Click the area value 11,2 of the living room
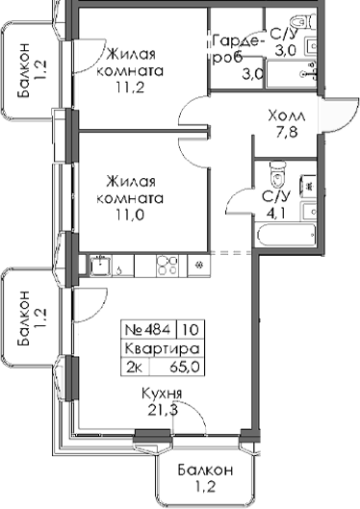click(135, 89)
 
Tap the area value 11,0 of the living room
click(135, 216)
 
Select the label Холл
click(285, 113)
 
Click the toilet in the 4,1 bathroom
click(279, 176)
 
